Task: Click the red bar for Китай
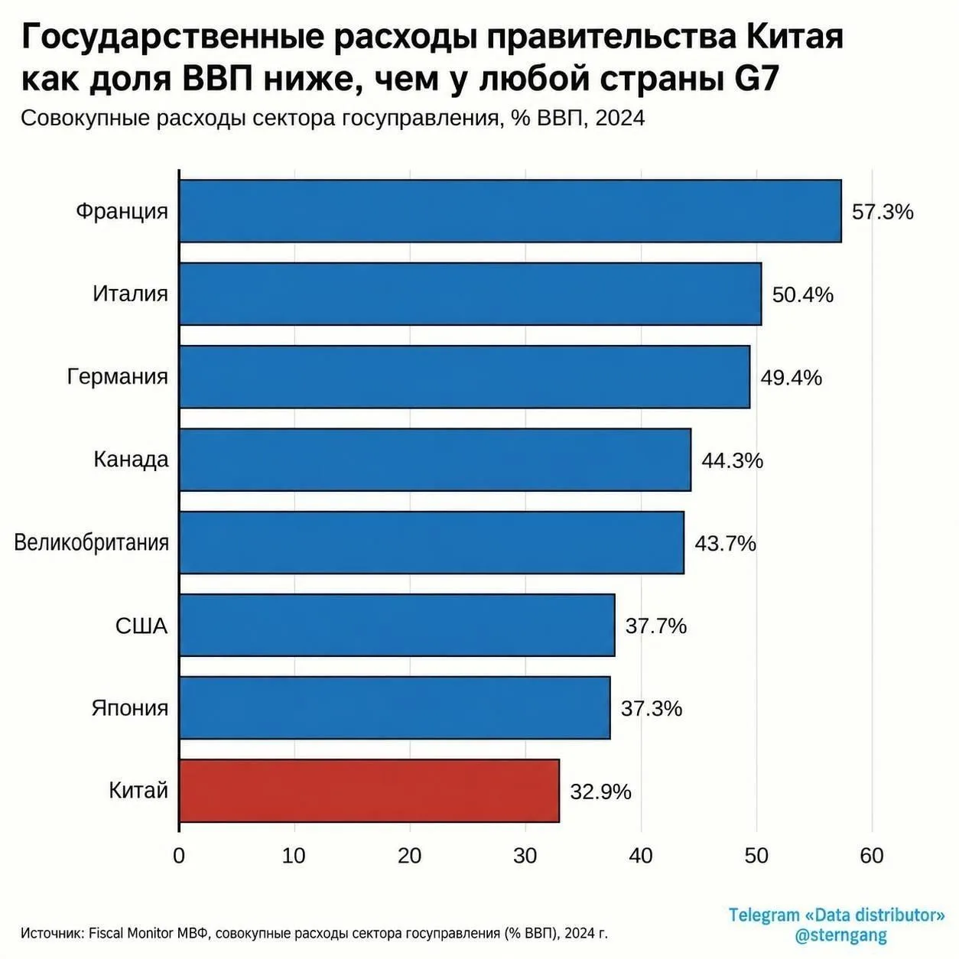coord(369,790)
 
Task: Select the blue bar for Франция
coord(511,211)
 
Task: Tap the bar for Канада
coord(435,460)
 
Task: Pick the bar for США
coord(397,625)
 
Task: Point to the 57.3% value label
coord(883,212)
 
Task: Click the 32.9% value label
coord(600,792)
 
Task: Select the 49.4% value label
coord(791,378)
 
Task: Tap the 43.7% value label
coord(725,544)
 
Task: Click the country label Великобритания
coord(92,542)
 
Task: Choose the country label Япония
coord(130,707)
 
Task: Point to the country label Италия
coord(130,294)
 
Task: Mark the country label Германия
coord(118,377)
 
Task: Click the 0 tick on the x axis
coord(179,856)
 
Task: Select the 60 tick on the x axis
coord(871,856)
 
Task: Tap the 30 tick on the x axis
coord(525,856)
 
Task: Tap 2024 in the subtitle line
coord(619,119)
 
